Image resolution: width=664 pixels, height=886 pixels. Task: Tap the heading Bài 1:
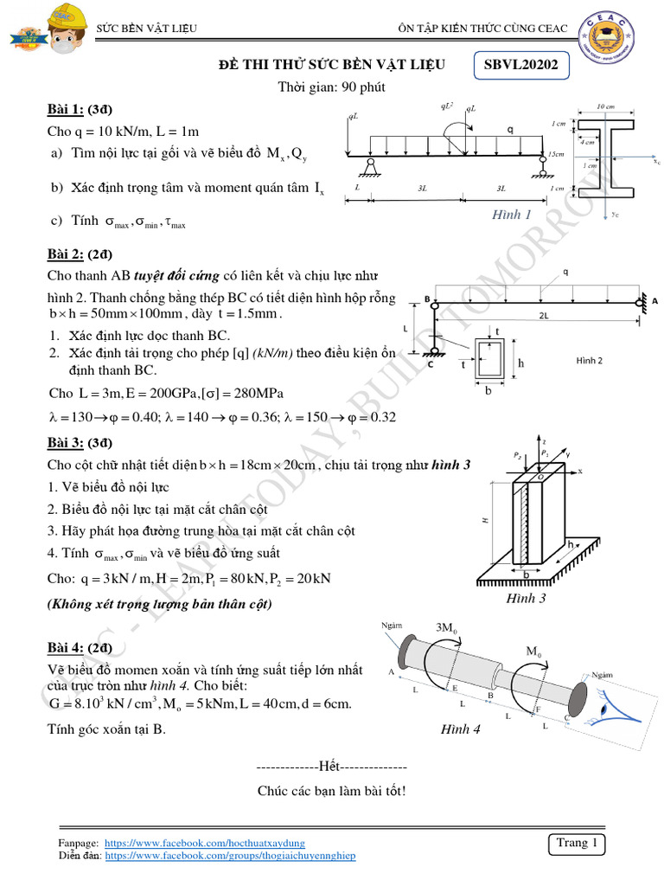point(65,111)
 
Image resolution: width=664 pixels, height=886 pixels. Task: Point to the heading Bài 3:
point(65,444)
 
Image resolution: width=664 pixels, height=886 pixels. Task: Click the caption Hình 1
point(512,214)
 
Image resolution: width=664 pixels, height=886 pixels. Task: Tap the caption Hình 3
point(525,598)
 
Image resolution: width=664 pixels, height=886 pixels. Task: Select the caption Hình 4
point(461,729)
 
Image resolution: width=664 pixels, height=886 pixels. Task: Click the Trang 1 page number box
point(577,843)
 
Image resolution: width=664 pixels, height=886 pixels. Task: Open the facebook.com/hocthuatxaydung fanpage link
point(204,842)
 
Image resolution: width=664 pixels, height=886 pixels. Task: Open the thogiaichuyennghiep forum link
point(229,855)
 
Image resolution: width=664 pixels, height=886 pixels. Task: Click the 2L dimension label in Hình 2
point(543,315)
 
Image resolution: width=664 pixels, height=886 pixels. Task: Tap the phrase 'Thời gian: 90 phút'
point(331,87)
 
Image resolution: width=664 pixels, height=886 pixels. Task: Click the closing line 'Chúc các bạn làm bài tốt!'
point(331,791)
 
